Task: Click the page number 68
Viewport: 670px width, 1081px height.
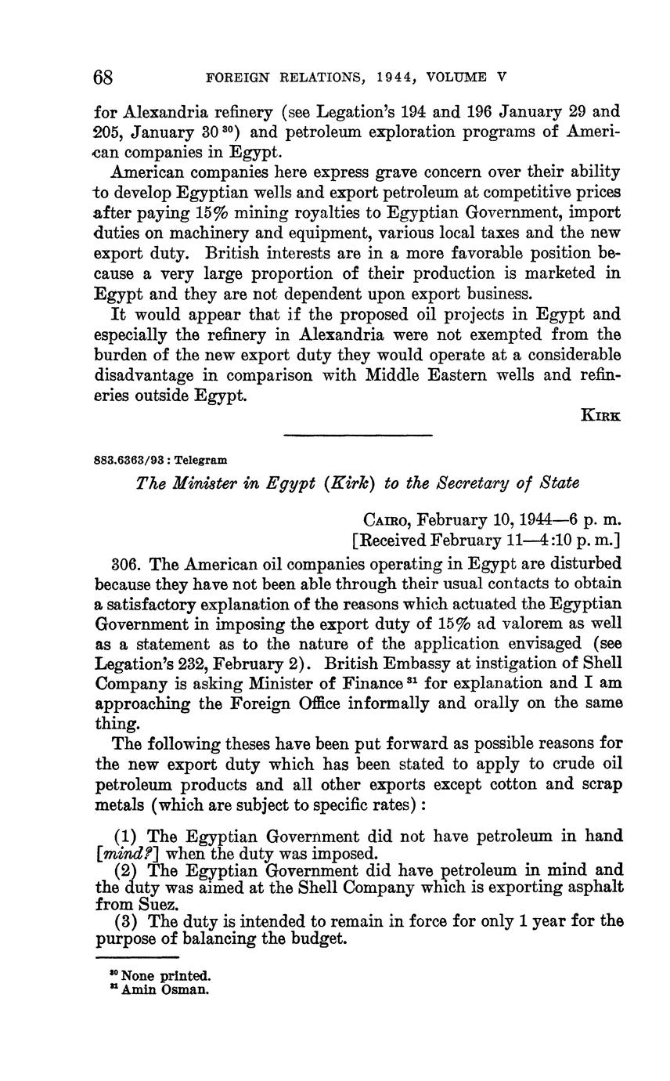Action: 104,77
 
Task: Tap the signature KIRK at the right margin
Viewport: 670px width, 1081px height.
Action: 601,416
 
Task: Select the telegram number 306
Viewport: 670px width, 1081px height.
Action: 126,563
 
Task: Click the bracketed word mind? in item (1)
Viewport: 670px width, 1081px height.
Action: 121,853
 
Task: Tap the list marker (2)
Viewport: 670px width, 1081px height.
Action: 125,869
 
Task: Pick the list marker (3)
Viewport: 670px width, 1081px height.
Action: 125,921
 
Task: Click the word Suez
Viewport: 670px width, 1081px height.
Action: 117,904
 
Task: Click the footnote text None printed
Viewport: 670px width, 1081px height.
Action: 166,976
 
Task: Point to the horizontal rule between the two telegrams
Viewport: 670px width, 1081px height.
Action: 358,436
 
